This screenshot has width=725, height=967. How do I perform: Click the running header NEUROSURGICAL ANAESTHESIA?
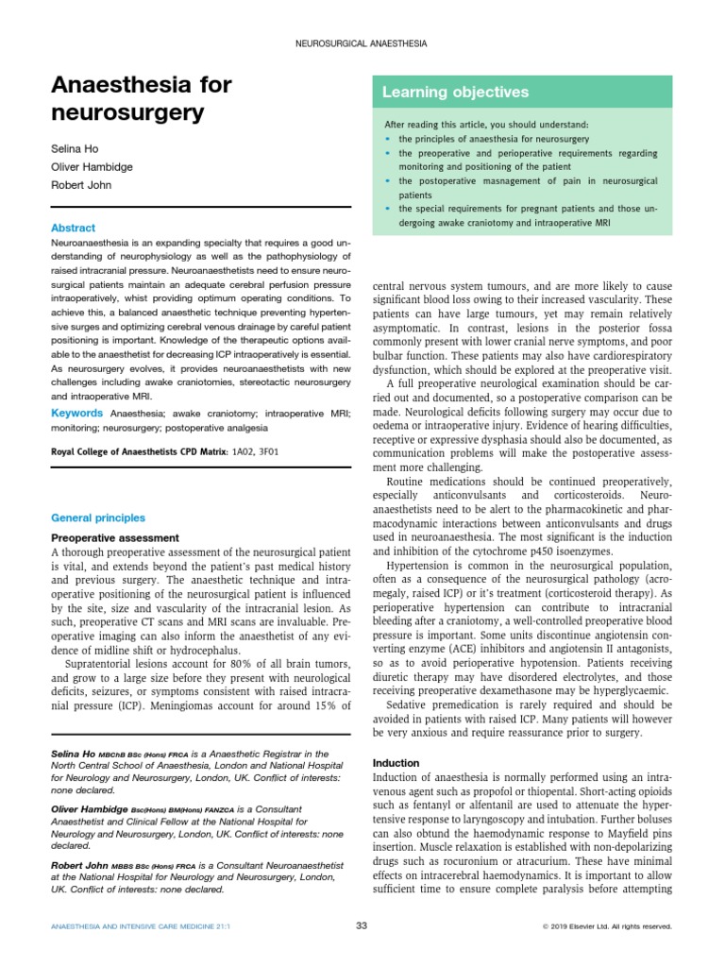362,43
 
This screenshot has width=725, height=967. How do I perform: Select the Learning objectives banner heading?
455,93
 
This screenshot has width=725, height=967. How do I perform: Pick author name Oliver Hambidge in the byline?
92,166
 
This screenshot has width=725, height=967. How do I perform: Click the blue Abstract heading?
73,228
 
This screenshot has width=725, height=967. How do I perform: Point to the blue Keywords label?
76,413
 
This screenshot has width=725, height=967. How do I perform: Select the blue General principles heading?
97,517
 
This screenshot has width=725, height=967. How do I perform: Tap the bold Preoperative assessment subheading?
114,537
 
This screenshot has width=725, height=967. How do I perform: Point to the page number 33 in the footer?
362,925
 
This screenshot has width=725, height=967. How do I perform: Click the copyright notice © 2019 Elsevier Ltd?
607,926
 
